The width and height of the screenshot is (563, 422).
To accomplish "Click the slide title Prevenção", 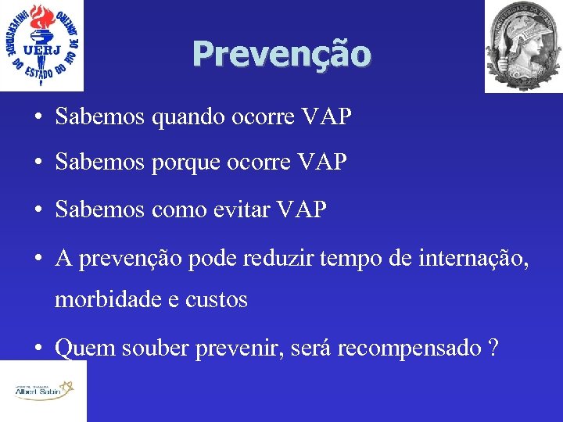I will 281,54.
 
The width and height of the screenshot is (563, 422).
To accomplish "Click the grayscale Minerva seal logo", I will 522,45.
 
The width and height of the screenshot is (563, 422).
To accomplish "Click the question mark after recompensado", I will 491,348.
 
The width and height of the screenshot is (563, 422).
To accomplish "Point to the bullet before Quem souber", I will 38,348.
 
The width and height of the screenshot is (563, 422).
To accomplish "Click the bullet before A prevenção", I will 38,255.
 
